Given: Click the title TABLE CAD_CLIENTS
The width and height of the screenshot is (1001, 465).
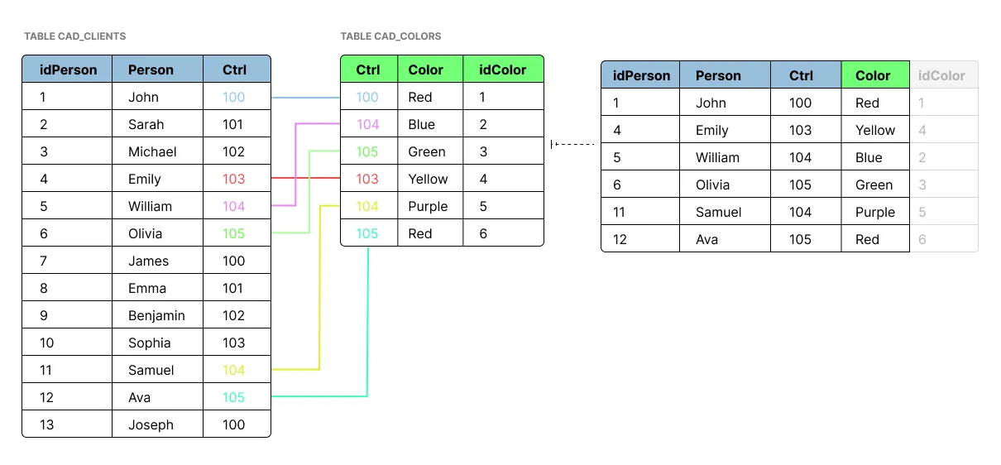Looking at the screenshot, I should tap(74, 36).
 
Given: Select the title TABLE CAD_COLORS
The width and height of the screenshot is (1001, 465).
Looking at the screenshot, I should tap(390, 36).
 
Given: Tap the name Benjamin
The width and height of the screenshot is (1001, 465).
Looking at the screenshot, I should tap(156, 315).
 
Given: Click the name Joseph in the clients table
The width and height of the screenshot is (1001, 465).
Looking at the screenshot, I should tap(151, 424).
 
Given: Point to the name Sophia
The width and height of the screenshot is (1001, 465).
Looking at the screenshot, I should tap(149, 343).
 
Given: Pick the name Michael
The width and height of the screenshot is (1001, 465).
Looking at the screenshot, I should tap(152, 151).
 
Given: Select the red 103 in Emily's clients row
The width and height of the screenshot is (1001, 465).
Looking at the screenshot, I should tap(234, 179).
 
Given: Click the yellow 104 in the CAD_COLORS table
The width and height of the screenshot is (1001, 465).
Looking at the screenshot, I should tap(367, 206).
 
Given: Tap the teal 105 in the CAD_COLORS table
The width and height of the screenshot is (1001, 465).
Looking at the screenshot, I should tap(367, 233).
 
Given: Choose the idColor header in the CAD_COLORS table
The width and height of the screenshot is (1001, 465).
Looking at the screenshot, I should tap(502, 70).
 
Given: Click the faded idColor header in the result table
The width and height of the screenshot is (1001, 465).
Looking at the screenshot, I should tap(941, 75).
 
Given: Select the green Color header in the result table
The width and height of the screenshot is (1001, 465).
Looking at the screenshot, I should tap(873, 75).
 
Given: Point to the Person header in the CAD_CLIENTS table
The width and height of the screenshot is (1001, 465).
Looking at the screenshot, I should tap(151, 70).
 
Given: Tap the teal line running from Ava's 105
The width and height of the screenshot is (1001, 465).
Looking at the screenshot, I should tap(367, 331).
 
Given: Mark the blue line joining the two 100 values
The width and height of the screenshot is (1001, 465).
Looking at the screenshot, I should tap(305, 97).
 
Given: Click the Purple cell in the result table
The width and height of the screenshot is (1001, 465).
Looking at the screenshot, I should tap(875, 212).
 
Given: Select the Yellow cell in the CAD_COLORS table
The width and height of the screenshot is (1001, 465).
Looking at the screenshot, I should tap(428, 179).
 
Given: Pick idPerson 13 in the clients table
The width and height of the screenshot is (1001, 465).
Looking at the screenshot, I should tap(46, 424).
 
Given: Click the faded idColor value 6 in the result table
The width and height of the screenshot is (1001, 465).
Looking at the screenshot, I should tap(922, 239).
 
